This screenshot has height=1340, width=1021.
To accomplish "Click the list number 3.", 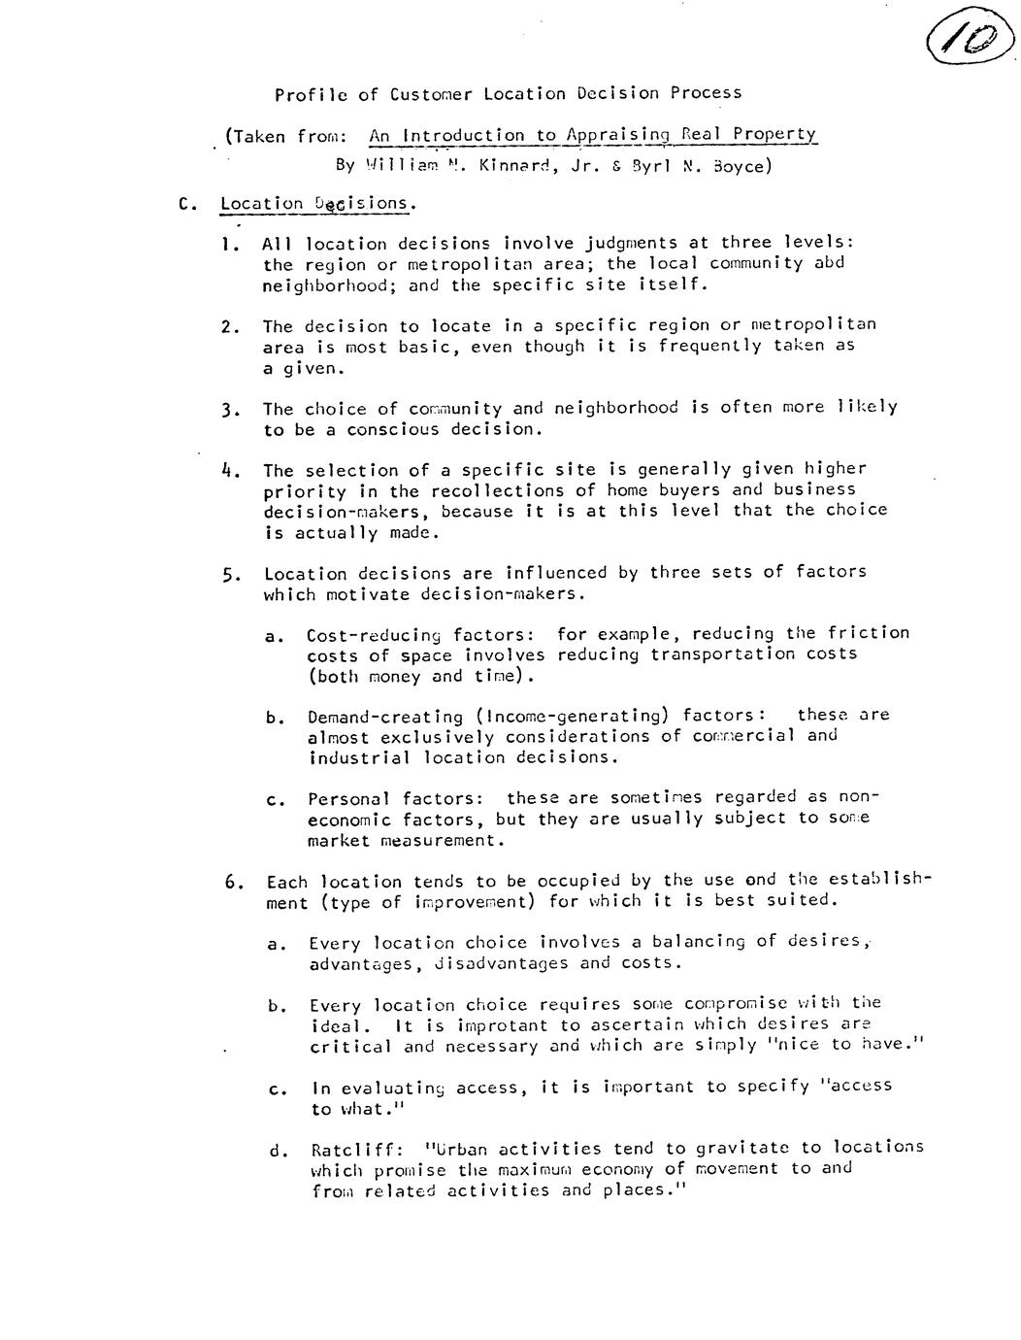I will coord(229,409).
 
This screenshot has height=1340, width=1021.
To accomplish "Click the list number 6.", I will coord(232,882).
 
